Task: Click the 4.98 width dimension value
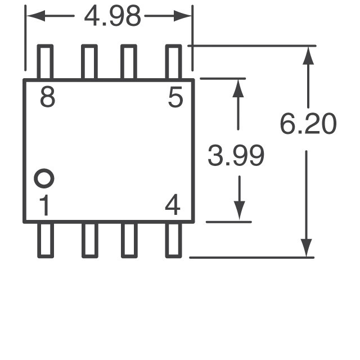pos(112,17)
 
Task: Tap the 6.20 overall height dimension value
pos(308,124)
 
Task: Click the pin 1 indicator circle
pos(44,179)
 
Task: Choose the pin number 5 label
pos(175,98)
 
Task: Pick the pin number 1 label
pos(44,206)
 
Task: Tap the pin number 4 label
pos(173,206)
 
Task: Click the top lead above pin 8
pos(45,62)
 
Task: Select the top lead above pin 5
pos(174,62)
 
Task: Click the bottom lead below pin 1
pos(45,240)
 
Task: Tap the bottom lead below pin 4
pos(174,240)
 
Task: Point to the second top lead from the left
pos(89,62)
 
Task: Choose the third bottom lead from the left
pos(129,240)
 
